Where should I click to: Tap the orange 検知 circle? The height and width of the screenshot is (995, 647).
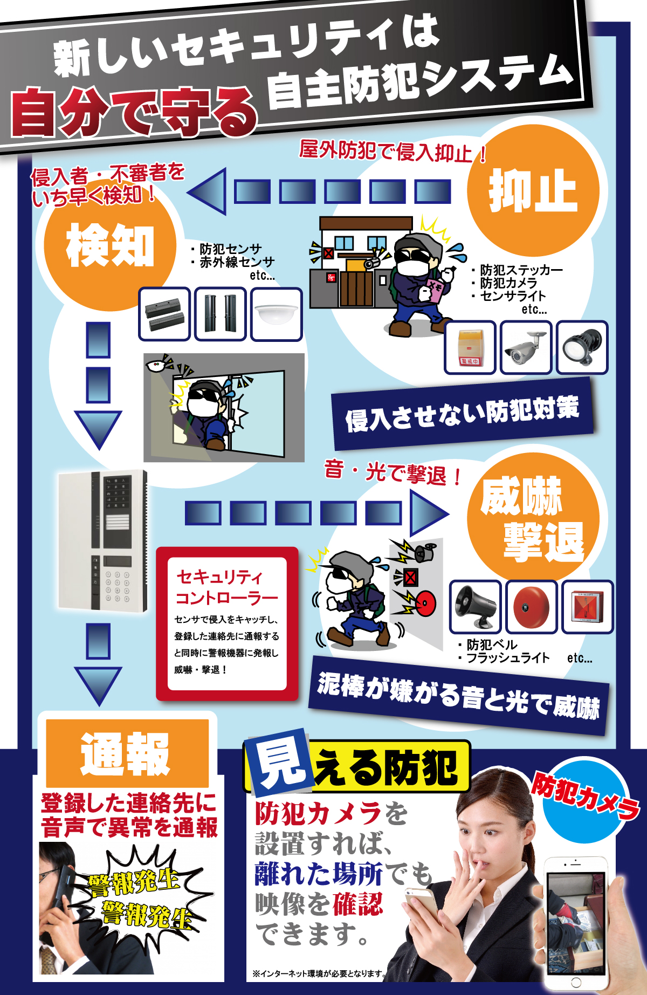(110, 245)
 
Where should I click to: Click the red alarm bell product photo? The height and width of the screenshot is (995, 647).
(531, 607)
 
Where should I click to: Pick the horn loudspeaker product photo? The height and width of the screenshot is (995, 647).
(475, 607)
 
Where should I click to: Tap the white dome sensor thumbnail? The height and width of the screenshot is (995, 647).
(277, 314)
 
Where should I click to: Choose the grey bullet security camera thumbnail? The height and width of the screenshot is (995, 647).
(526, 348)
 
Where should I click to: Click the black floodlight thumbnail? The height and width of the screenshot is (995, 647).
(582, 348)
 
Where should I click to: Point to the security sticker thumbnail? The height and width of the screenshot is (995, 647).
(470, 348)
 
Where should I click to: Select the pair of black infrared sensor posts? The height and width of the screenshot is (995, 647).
(221, 314)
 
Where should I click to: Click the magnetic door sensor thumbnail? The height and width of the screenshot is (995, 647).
(164, 314)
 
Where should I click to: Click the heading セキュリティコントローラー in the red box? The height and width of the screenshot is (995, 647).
(226, 587)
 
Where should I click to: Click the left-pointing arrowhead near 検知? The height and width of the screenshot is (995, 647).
(208, 191)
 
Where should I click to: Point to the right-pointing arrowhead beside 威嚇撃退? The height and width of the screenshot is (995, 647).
(428, 512)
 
